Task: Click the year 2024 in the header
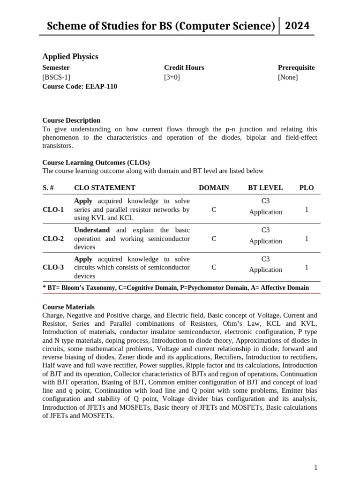pyautogui.click(x=297, y=25)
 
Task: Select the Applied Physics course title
pyautogui.click(x=70, y=57)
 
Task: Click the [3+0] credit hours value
pyautogui.click(x=172, y=77)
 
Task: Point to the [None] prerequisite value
pyautogui.click(x=287, y=77)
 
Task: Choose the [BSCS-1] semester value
pyautogui.click(x=56, y=77)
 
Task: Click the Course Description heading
pyautogui.click(x=71, y=120)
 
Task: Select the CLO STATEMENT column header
pyautogui.click(x=105, y=188)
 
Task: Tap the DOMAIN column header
pyautogui.click(x=214, y=188)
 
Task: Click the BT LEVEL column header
pyautogui.click(x=265, y=188)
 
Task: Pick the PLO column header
pyautogui.click(x=307, y=188)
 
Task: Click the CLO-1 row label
pyautogui.click(x=53, y=210)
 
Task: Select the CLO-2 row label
pyautogui.click(x=53, y=239)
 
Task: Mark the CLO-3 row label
pyautogui.click(x=53, y=268)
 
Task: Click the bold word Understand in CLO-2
pyautogui.click(x=92, y=230)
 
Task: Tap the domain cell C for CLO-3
pyautogui.click(x=214, y=268)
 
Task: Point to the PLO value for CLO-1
pyautogui.click(x=307, y=210)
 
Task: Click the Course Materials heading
pyautogui.click(x=68, y=307)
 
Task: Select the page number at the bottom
pyautogui.click(x=316, y=467)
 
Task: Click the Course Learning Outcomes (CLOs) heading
pyautogui.click(x=96, y=163)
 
